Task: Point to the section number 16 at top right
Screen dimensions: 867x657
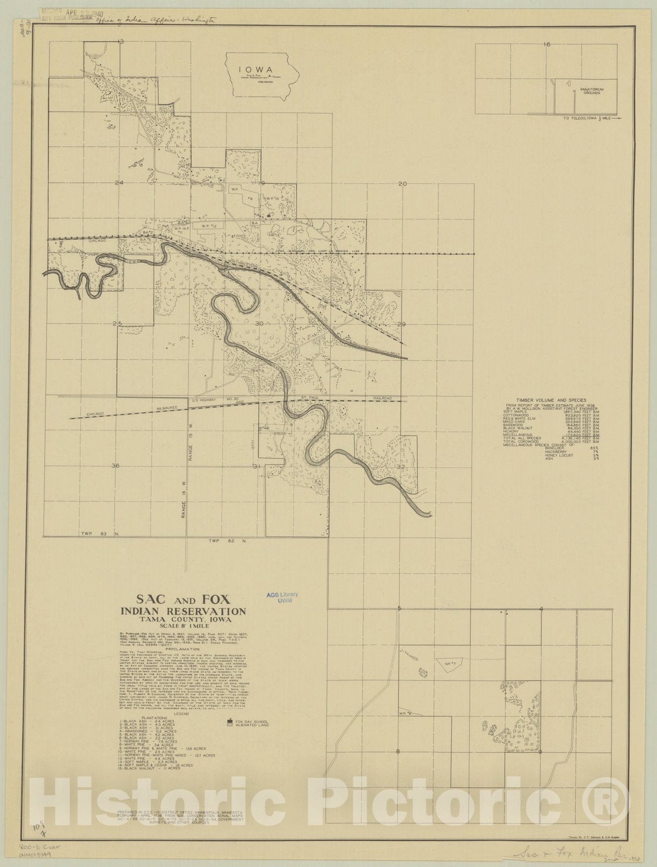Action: [546, 44]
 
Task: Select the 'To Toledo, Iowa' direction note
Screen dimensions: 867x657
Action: [586, 118]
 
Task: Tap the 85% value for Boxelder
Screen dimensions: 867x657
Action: [595, 448]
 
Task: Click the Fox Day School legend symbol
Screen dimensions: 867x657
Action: [230, 722]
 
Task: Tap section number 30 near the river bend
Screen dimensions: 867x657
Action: [259, 323]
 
